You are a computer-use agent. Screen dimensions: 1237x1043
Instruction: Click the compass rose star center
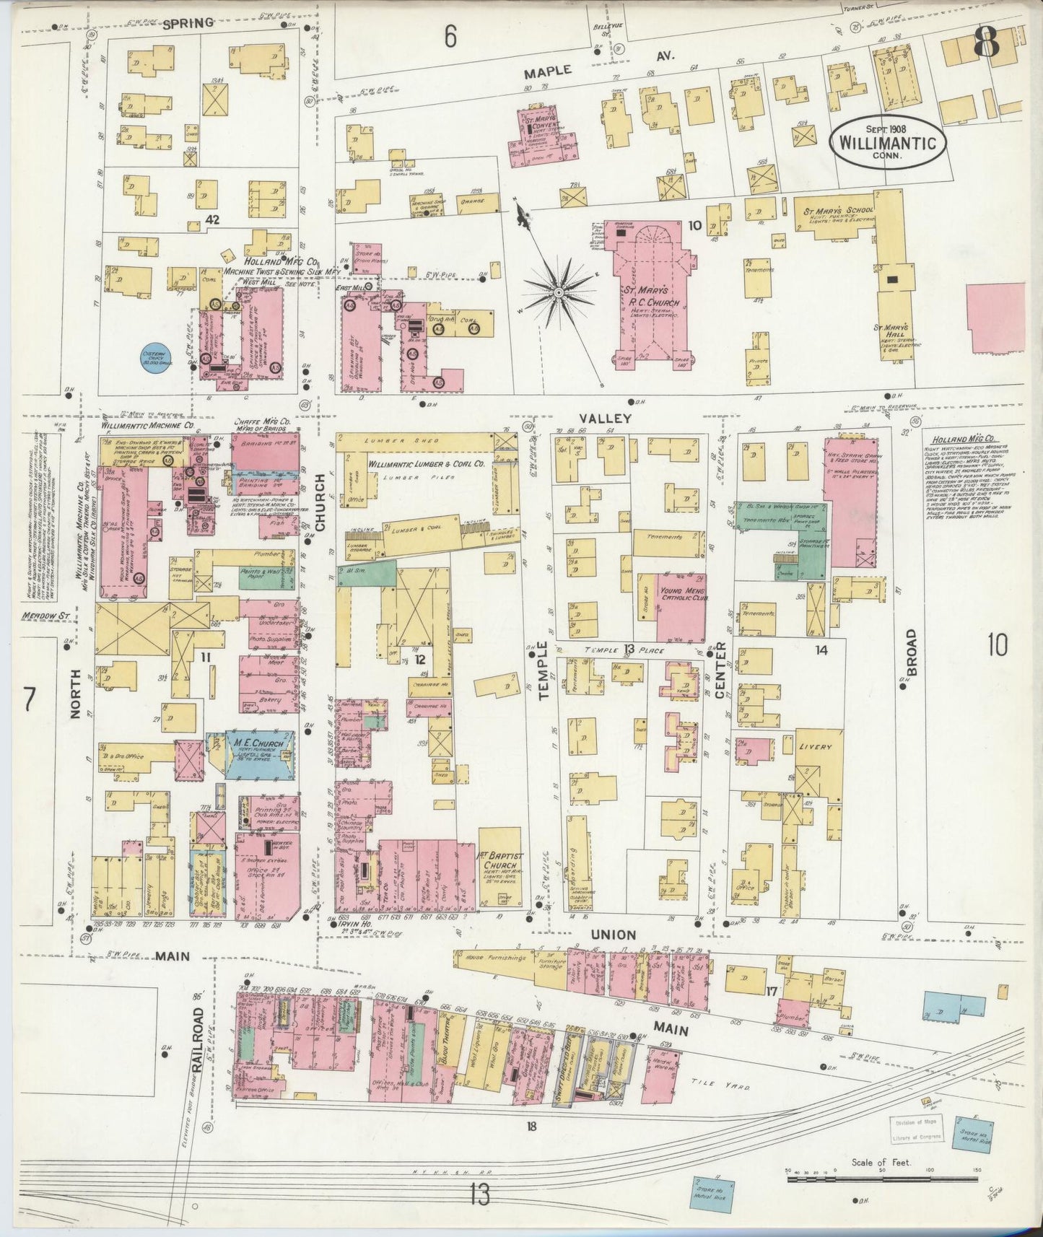[x=559, y=292]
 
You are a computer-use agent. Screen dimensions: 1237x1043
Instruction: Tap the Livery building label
[x=815, y=747]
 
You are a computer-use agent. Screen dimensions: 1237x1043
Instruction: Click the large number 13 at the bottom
[x=479, y=1195]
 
